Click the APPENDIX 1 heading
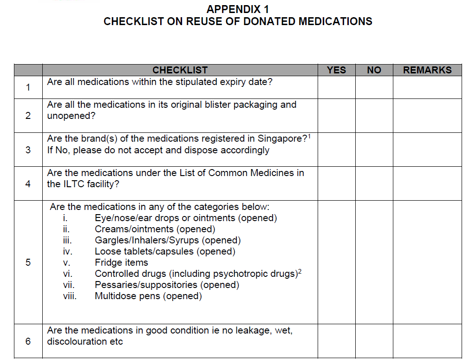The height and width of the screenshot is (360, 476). pos(238,9)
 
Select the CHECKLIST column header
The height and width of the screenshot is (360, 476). pos(180,70)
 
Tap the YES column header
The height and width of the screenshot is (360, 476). pos(336,70)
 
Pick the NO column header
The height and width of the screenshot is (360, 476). pos(374,70)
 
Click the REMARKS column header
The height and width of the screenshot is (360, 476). pos(427,70)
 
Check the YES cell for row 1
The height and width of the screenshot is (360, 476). pos(336,87)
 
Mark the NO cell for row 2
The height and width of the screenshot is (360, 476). pos(374,116)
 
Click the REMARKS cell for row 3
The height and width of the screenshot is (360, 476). pos(427,150)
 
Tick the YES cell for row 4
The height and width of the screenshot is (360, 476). pos(336,183)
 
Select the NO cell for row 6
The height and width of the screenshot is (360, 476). pos(374,341)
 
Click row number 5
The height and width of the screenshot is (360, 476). pos(28,262)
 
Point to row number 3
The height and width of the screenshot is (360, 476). pos(28,150)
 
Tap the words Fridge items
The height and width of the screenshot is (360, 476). pos(121,262)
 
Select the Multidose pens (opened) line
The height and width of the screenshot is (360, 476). pos(148,296)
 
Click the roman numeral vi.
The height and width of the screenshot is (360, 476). pos(66,274)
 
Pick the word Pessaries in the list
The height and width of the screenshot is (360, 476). pos(114,285)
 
